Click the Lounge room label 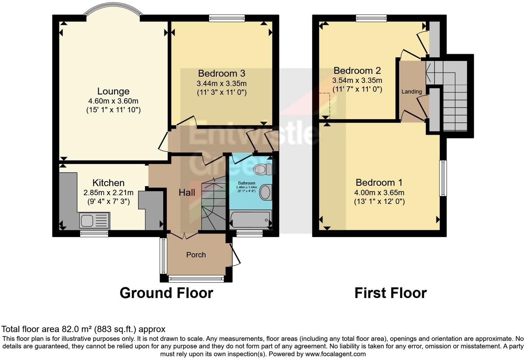point(113,91)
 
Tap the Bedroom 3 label point(221,73)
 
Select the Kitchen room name point(108,183)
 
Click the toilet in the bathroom point(262,169)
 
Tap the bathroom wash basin point(265,192)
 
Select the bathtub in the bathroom point(250,219)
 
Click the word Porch point(196,255)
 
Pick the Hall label point(187,192)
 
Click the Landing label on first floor point(411,92)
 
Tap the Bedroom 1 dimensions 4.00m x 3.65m point(379,192)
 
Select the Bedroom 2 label point(357,71)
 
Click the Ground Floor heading point(166,293)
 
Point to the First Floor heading point(390,293)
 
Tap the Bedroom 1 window point(443,178)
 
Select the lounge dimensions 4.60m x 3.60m point(113,101)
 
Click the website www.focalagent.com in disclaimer point(335,354)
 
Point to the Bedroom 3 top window point(227,18)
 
